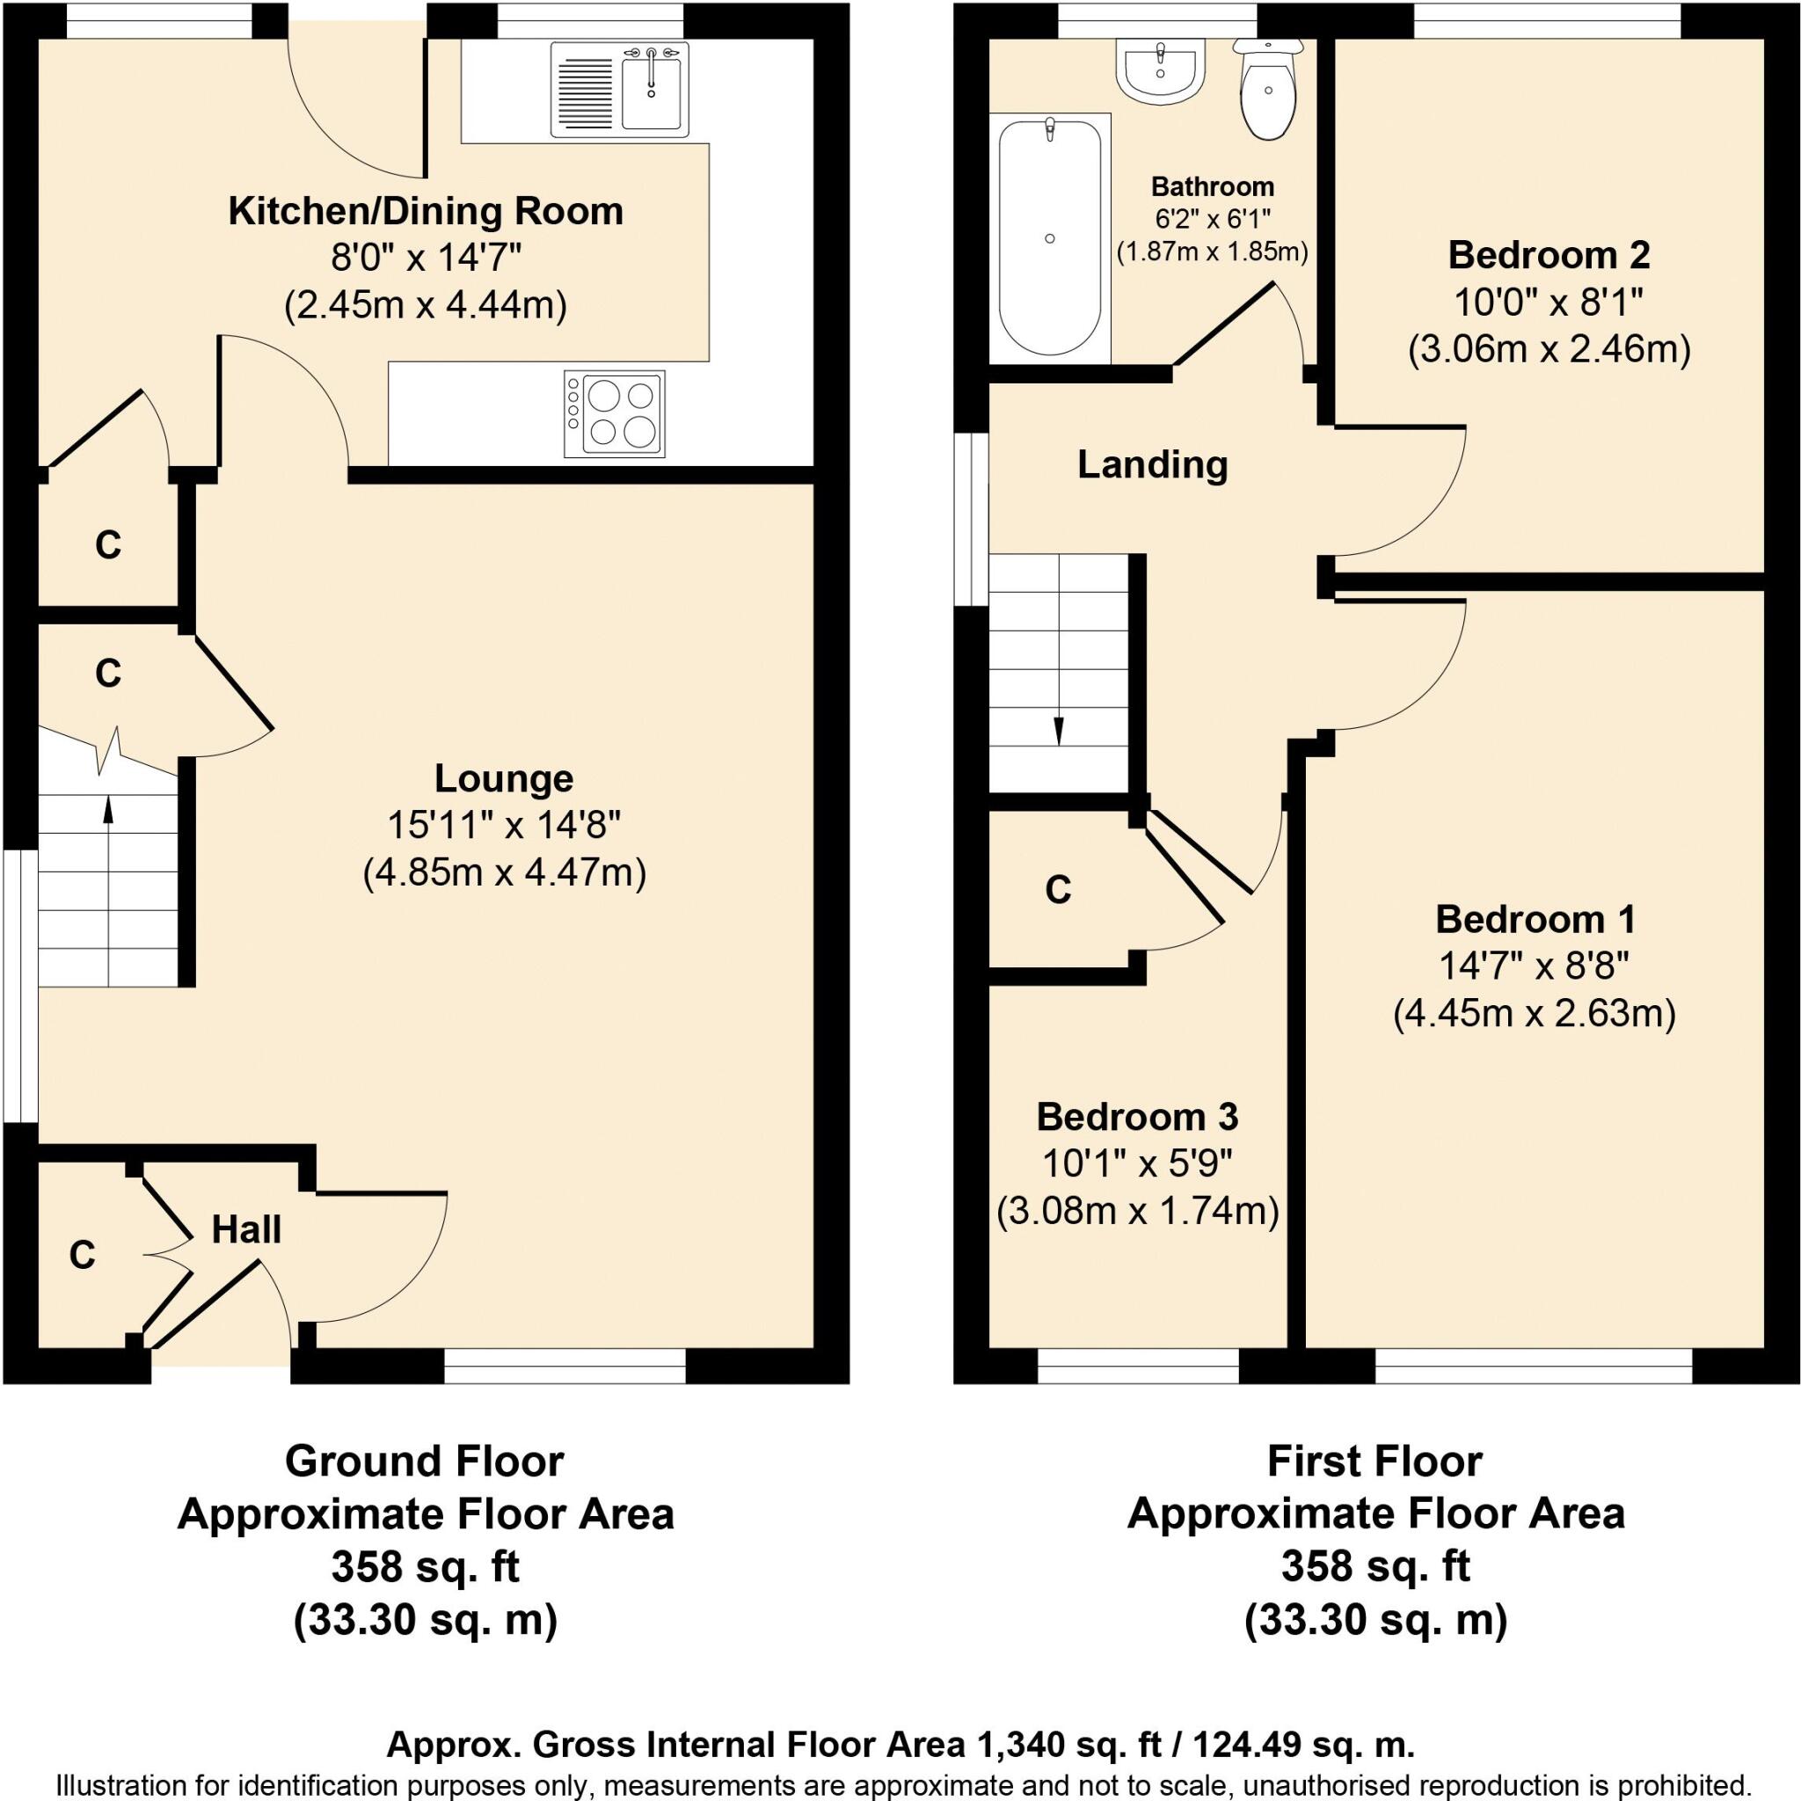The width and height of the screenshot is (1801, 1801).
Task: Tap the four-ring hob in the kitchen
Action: point(615,414)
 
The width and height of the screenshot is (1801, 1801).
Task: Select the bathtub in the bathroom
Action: point(1050,239)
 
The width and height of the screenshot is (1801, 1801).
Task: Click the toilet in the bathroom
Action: point(1268,93)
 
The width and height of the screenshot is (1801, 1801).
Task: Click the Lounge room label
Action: point(504,777)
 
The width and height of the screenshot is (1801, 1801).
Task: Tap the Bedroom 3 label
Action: point(1136,1116)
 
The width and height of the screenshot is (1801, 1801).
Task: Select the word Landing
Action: point(1152,464)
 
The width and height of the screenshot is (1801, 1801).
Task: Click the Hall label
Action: point(246,1229)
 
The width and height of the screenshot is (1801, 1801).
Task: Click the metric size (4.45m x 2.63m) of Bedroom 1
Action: point(1535,1013)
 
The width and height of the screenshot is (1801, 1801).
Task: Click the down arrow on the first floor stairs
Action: point(1059,730)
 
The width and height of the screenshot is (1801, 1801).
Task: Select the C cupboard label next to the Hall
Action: point(82,1256)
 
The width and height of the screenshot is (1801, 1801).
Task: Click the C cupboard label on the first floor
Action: point(1058,890)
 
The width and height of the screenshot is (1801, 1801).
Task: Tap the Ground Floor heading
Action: point(424,1461)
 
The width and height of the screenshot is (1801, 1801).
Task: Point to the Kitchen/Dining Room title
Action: point(426,211)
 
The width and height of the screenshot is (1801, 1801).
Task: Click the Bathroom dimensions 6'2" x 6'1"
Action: point(1212,219)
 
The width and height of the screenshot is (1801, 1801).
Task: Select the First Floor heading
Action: point(1374,1461)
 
